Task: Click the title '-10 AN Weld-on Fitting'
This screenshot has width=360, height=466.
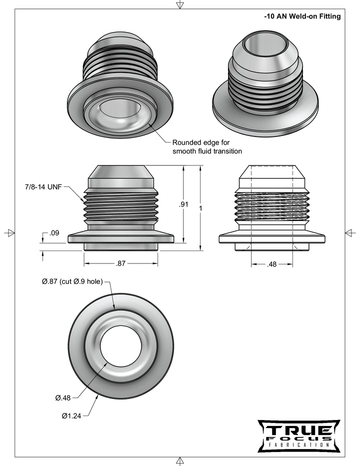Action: (302, 16)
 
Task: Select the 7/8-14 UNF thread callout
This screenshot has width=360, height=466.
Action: (43, 187)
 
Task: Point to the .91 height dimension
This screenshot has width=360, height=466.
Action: (183, 204)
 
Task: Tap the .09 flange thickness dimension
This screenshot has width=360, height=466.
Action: (54, 232)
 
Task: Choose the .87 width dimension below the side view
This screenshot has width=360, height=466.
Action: (120, 263)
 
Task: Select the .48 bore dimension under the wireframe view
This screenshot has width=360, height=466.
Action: (271, 263)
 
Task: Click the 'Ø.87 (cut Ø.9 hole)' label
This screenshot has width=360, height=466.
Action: (72, 282)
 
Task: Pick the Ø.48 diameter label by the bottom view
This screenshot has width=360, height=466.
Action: (62, 398)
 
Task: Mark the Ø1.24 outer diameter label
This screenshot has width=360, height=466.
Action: (71, 415)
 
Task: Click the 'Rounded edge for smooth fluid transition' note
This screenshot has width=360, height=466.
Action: (207, 146)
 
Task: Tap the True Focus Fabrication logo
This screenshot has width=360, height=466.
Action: (298, 435)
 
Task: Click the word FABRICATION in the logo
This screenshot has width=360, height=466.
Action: (298, 444)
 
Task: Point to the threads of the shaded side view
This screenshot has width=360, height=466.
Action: (120, 205)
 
